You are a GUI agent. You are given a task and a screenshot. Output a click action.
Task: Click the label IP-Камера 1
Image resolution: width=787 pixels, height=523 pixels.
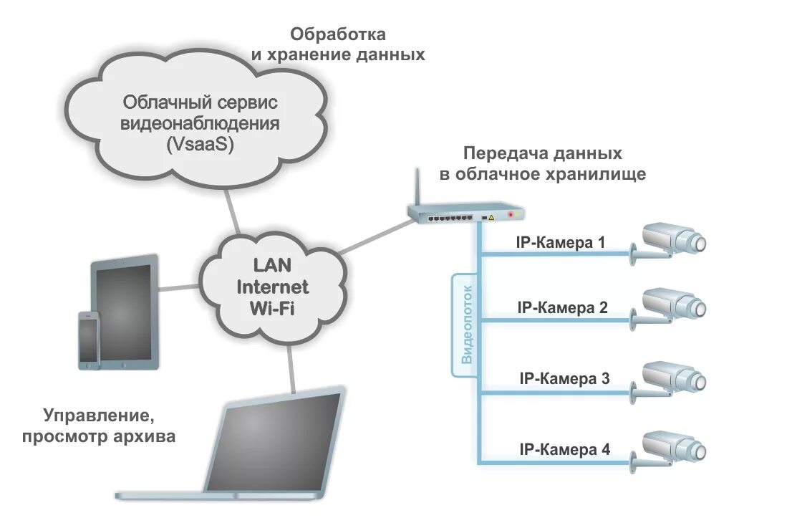[561, 243]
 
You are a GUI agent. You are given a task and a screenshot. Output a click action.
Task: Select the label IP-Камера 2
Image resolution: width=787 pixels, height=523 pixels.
[562, 309]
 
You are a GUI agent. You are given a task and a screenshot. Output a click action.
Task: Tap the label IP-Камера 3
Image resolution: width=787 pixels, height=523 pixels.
[564, 378]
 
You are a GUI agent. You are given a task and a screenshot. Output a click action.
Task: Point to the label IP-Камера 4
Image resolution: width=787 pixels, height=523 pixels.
[564, 450]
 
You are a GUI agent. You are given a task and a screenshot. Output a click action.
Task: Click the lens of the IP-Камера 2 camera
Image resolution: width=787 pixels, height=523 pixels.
[698, 308]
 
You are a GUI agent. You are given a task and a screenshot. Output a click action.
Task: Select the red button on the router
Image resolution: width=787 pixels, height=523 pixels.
[510, 214]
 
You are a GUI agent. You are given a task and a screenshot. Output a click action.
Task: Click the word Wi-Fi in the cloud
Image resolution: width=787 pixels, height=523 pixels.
[272, 309]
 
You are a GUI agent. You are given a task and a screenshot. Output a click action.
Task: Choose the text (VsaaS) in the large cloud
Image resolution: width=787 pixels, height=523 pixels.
[200, 143]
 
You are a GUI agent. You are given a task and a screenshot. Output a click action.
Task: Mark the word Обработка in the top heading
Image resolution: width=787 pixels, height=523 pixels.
[337, 34]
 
